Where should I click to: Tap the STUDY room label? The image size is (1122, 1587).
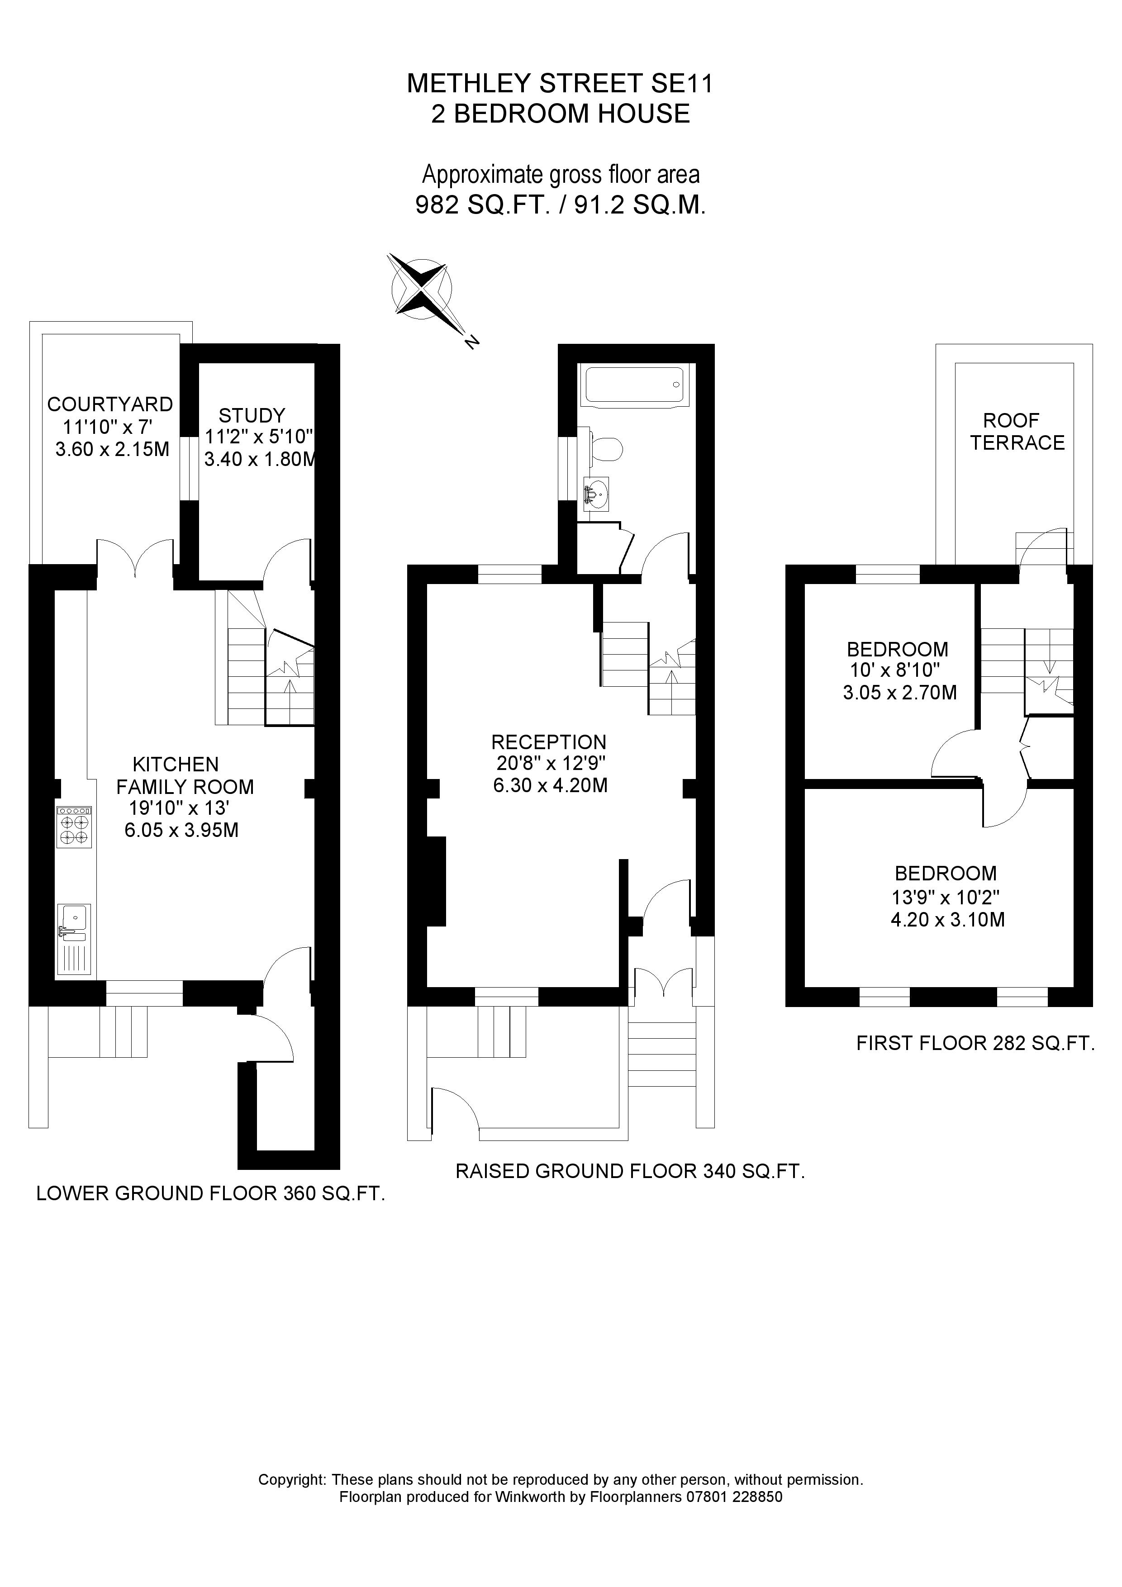252,415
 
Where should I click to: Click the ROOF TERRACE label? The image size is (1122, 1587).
1016,431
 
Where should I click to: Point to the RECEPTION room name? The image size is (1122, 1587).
549,742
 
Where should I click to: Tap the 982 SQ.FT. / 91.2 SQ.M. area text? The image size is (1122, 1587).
561,205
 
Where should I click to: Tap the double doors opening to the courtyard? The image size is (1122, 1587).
135,556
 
